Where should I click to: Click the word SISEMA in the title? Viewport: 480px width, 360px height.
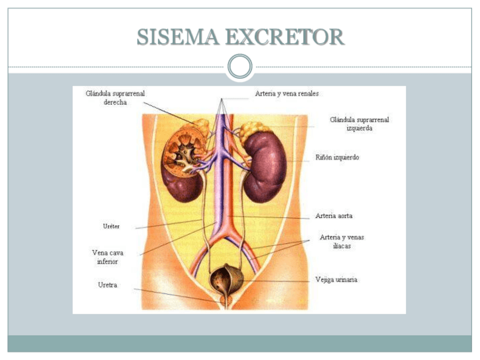point(178,37)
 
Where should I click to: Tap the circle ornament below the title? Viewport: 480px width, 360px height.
point(240,67)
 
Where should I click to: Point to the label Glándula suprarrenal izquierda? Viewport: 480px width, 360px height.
point(359,124)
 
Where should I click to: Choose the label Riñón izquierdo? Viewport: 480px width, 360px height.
point(337,157)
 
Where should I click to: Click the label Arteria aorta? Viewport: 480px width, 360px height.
point(334,216)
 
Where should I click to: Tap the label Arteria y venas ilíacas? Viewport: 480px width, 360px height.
point(342,242)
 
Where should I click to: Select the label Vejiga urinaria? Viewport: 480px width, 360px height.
point(336,280)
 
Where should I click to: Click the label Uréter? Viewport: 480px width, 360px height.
point(110,226)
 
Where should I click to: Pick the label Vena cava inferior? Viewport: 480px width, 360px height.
point(108,257)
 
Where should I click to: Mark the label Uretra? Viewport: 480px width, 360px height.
point(108,285)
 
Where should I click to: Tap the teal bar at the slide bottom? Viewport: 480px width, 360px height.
point(240,344)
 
